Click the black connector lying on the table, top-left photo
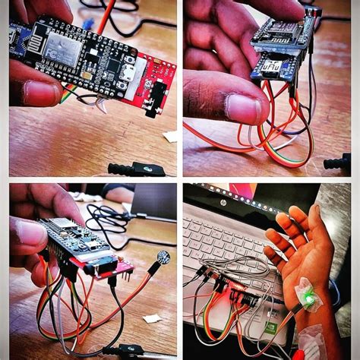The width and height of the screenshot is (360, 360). [x=137, y=169]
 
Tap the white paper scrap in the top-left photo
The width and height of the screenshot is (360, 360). [x=170, y=137]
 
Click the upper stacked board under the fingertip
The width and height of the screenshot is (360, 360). [x=281, y=34]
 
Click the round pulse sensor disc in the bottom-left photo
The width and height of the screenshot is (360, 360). [x=163, y=257]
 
